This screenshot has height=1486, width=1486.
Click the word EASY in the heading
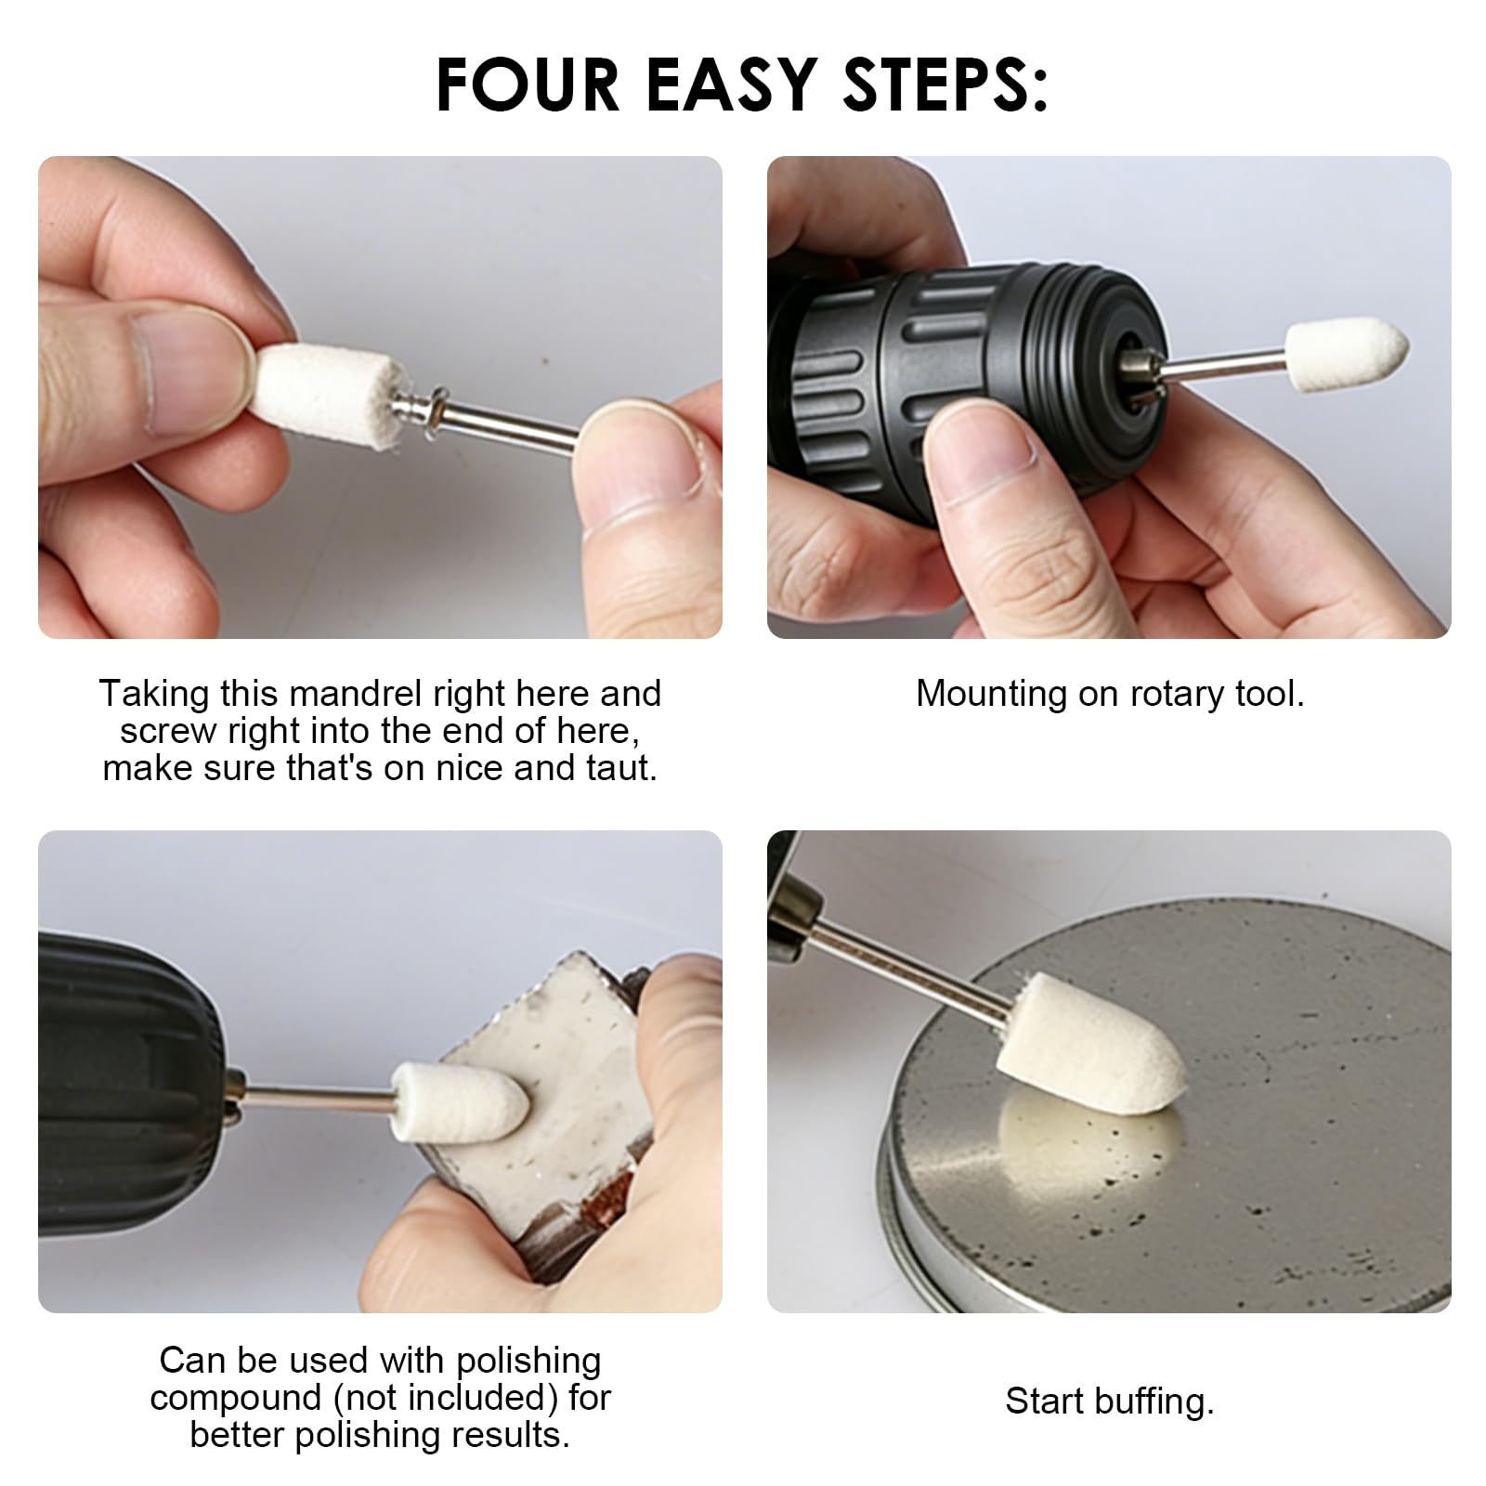coord(731,85)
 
